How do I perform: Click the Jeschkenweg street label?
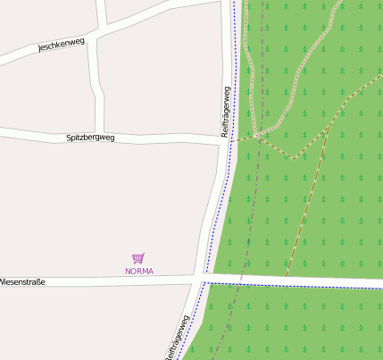click(61, 45)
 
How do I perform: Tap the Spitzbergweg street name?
click(91, 138)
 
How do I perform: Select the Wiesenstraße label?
click(22, 281)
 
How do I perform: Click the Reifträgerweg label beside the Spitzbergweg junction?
click(226, 111)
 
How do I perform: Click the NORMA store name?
click(138, 271)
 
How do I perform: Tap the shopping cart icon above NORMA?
click(138, 258)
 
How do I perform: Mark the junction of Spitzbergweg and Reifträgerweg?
click(224, 141)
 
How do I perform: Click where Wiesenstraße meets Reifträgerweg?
click(201, 280)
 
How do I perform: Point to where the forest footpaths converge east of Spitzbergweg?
click(256, 136)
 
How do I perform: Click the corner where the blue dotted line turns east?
click(204, 282)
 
